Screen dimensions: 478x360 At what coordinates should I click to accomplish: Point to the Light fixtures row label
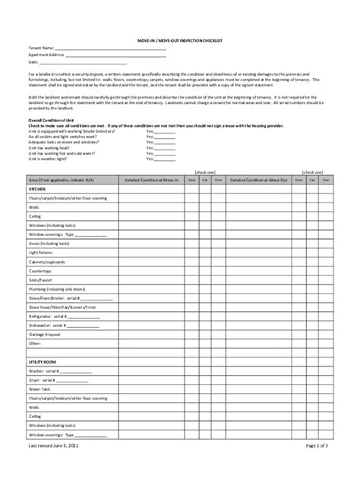pos(43,249)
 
